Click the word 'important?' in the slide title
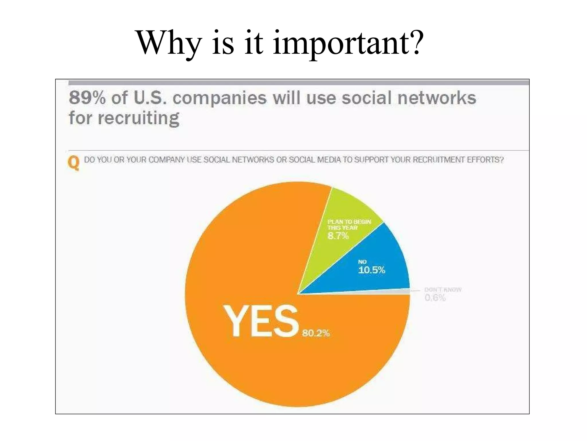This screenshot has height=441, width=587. pos(348,43)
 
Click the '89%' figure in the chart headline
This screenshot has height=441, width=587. pos(87,98)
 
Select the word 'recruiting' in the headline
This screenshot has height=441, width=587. pos(138,118)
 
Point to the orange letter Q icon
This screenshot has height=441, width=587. pos(74,163)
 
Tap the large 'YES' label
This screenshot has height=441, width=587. pos(261,321)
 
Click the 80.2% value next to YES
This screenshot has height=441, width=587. pos(316,333)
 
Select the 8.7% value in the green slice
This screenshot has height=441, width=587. pos(338,236)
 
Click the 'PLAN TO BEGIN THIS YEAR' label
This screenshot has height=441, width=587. pos(349,225)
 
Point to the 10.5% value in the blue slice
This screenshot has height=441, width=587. pos(371,270)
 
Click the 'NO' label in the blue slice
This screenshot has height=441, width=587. pos(362,262)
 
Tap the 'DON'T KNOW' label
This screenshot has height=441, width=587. pos(443,289)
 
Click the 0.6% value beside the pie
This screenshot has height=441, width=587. pos(435,298)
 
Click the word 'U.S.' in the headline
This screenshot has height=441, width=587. pos(150,98)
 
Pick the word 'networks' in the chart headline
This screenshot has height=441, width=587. pos(437,98)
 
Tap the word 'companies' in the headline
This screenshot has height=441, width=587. pos(219,98)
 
